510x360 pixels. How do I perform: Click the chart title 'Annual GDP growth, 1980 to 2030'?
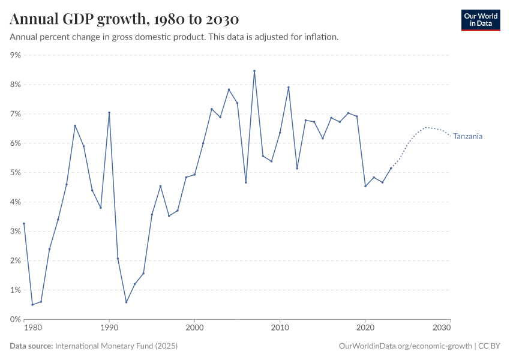coord(124,19)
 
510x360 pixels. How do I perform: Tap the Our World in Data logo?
coord(480,20)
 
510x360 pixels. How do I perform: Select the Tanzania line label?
coord(467,136)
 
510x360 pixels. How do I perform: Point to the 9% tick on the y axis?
coord(15,55)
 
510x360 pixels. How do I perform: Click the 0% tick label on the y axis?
coord(15,319)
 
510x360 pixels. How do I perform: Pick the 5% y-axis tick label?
coord(15,173)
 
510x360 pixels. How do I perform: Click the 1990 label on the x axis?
coord(109,328)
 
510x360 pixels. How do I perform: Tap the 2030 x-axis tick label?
coord(442,328)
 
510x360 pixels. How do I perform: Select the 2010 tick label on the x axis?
coord(280,328)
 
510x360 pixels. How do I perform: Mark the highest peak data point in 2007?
coord(254,71)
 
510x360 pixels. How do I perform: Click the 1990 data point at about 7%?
coord(109,112)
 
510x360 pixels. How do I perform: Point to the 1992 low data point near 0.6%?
coord(126,302)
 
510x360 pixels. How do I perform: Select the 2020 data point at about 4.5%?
coord(365,186)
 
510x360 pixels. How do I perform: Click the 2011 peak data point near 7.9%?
coord(289,87)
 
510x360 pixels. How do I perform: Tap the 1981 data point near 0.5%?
coord(32,305)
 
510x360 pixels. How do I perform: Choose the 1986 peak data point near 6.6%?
coord(75,125)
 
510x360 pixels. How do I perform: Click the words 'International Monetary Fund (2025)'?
coord(116,346)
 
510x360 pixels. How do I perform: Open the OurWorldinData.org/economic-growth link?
coord(406,346)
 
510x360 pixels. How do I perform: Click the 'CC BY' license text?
coord(490,346)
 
